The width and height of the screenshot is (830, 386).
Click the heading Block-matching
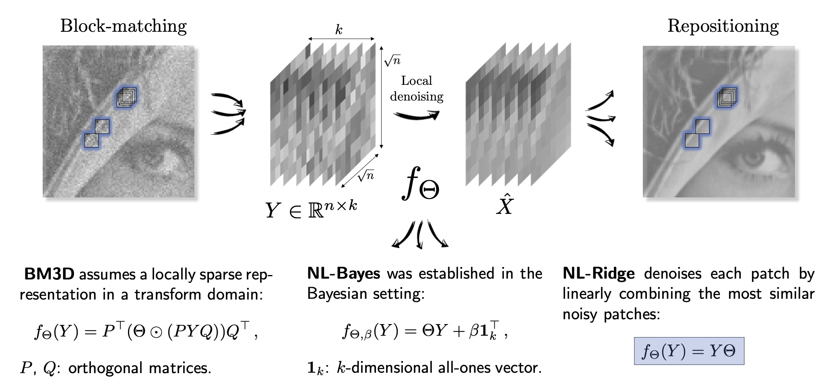pos(124,26)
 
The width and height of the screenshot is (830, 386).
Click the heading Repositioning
pos(723,26)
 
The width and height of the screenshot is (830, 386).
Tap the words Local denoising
pos(417,88)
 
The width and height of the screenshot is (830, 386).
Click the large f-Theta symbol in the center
pos(421,184)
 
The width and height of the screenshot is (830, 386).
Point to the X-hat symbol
pos(505,204)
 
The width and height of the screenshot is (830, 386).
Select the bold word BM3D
pos(50,274)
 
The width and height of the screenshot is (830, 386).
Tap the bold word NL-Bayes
pos(343,273)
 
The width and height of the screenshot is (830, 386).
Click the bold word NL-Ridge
pos(599,274)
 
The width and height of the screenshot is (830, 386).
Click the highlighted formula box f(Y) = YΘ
pos(689,351)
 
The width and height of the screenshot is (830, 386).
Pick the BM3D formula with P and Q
pos(146,332)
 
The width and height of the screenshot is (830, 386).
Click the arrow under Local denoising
pos(416,115)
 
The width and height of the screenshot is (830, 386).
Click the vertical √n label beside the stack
pos(392,60)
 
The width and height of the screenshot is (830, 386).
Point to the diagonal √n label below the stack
pos(365,175)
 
